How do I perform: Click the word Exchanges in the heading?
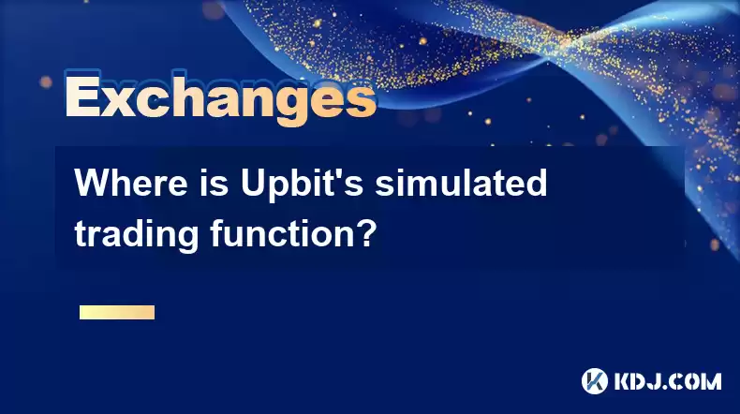click(x=220, y=97)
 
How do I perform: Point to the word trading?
click(x=137, y=235)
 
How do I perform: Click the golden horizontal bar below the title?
click(x=117, y=312)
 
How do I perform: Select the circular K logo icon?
click(x=595, y=381)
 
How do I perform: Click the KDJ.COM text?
click(x=667, y=381)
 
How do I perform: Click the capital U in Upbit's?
click(x=254, y=183)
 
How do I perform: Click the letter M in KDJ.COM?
click(x=711, y=381)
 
